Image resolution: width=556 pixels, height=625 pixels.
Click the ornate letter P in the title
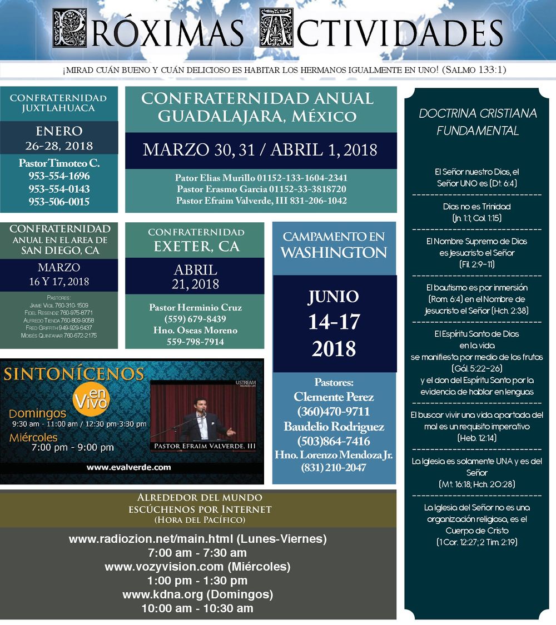(x=69, y=28)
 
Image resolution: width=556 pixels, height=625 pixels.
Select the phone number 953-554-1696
(x=59, y=176)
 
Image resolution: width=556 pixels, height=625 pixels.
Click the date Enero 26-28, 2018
(x=59, y=139)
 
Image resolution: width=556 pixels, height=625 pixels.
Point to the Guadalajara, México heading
(x=257, y=116)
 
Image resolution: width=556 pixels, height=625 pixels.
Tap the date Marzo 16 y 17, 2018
(x=59, y=275)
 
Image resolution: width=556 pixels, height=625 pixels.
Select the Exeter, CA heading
(x=196, y=246)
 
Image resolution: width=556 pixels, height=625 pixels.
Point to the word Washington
(x=334, y=253)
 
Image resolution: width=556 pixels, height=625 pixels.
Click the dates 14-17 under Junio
(x=334, y=322)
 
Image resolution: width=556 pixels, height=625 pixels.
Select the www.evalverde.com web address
(x=128, y=467)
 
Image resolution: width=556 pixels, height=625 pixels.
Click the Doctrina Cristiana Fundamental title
(x=478, y=122)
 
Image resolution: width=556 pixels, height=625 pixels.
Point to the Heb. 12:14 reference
(x=478, y=438)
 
